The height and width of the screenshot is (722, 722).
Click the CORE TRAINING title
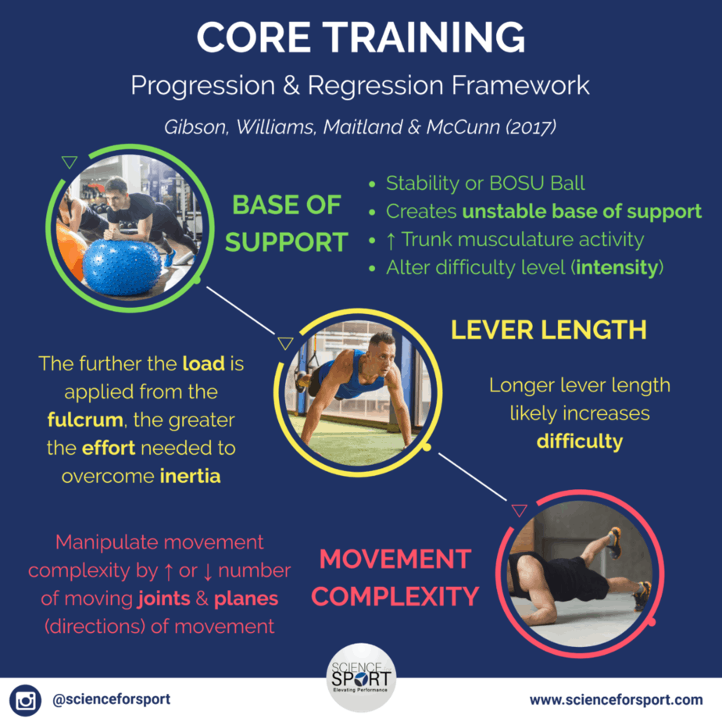point(360,38)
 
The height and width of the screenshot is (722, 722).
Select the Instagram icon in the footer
point(25,700)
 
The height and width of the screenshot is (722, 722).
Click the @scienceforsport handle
point(112,699)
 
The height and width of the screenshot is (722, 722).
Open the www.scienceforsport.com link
point(616,700)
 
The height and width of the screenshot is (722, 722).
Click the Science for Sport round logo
point(361,677)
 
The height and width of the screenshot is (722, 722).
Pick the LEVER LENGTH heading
point(549,330)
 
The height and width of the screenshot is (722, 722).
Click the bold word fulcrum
point(85,420)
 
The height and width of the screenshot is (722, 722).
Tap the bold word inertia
point(190,476)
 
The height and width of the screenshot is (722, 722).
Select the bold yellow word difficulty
point(580,441)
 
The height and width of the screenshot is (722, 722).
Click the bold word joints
point(164,599)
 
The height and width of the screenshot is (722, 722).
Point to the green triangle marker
point(70,162)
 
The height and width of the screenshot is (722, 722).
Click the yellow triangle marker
point(285,343)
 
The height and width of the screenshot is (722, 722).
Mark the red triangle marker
point(520,510)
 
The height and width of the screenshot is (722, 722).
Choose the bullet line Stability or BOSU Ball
point(485,184)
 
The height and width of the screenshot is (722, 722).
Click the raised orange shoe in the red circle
point(615,541)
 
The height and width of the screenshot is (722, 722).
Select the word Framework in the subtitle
point(520,85)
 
